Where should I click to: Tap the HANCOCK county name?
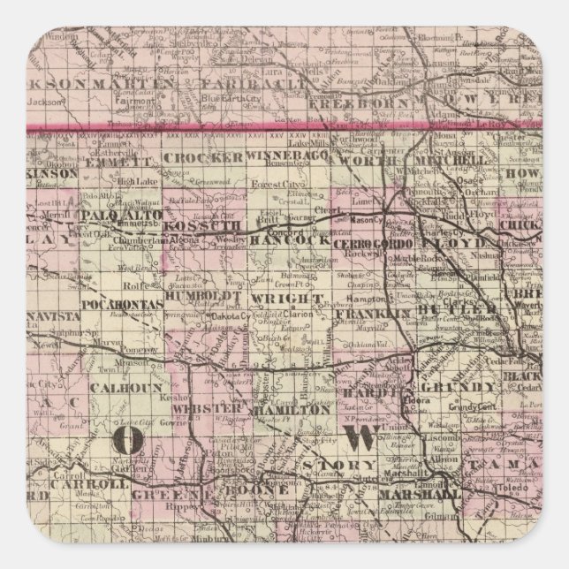[x=278, y=239]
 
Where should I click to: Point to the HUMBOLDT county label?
[x=211, y=299]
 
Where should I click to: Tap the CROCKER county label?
[x=203, y=156]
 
